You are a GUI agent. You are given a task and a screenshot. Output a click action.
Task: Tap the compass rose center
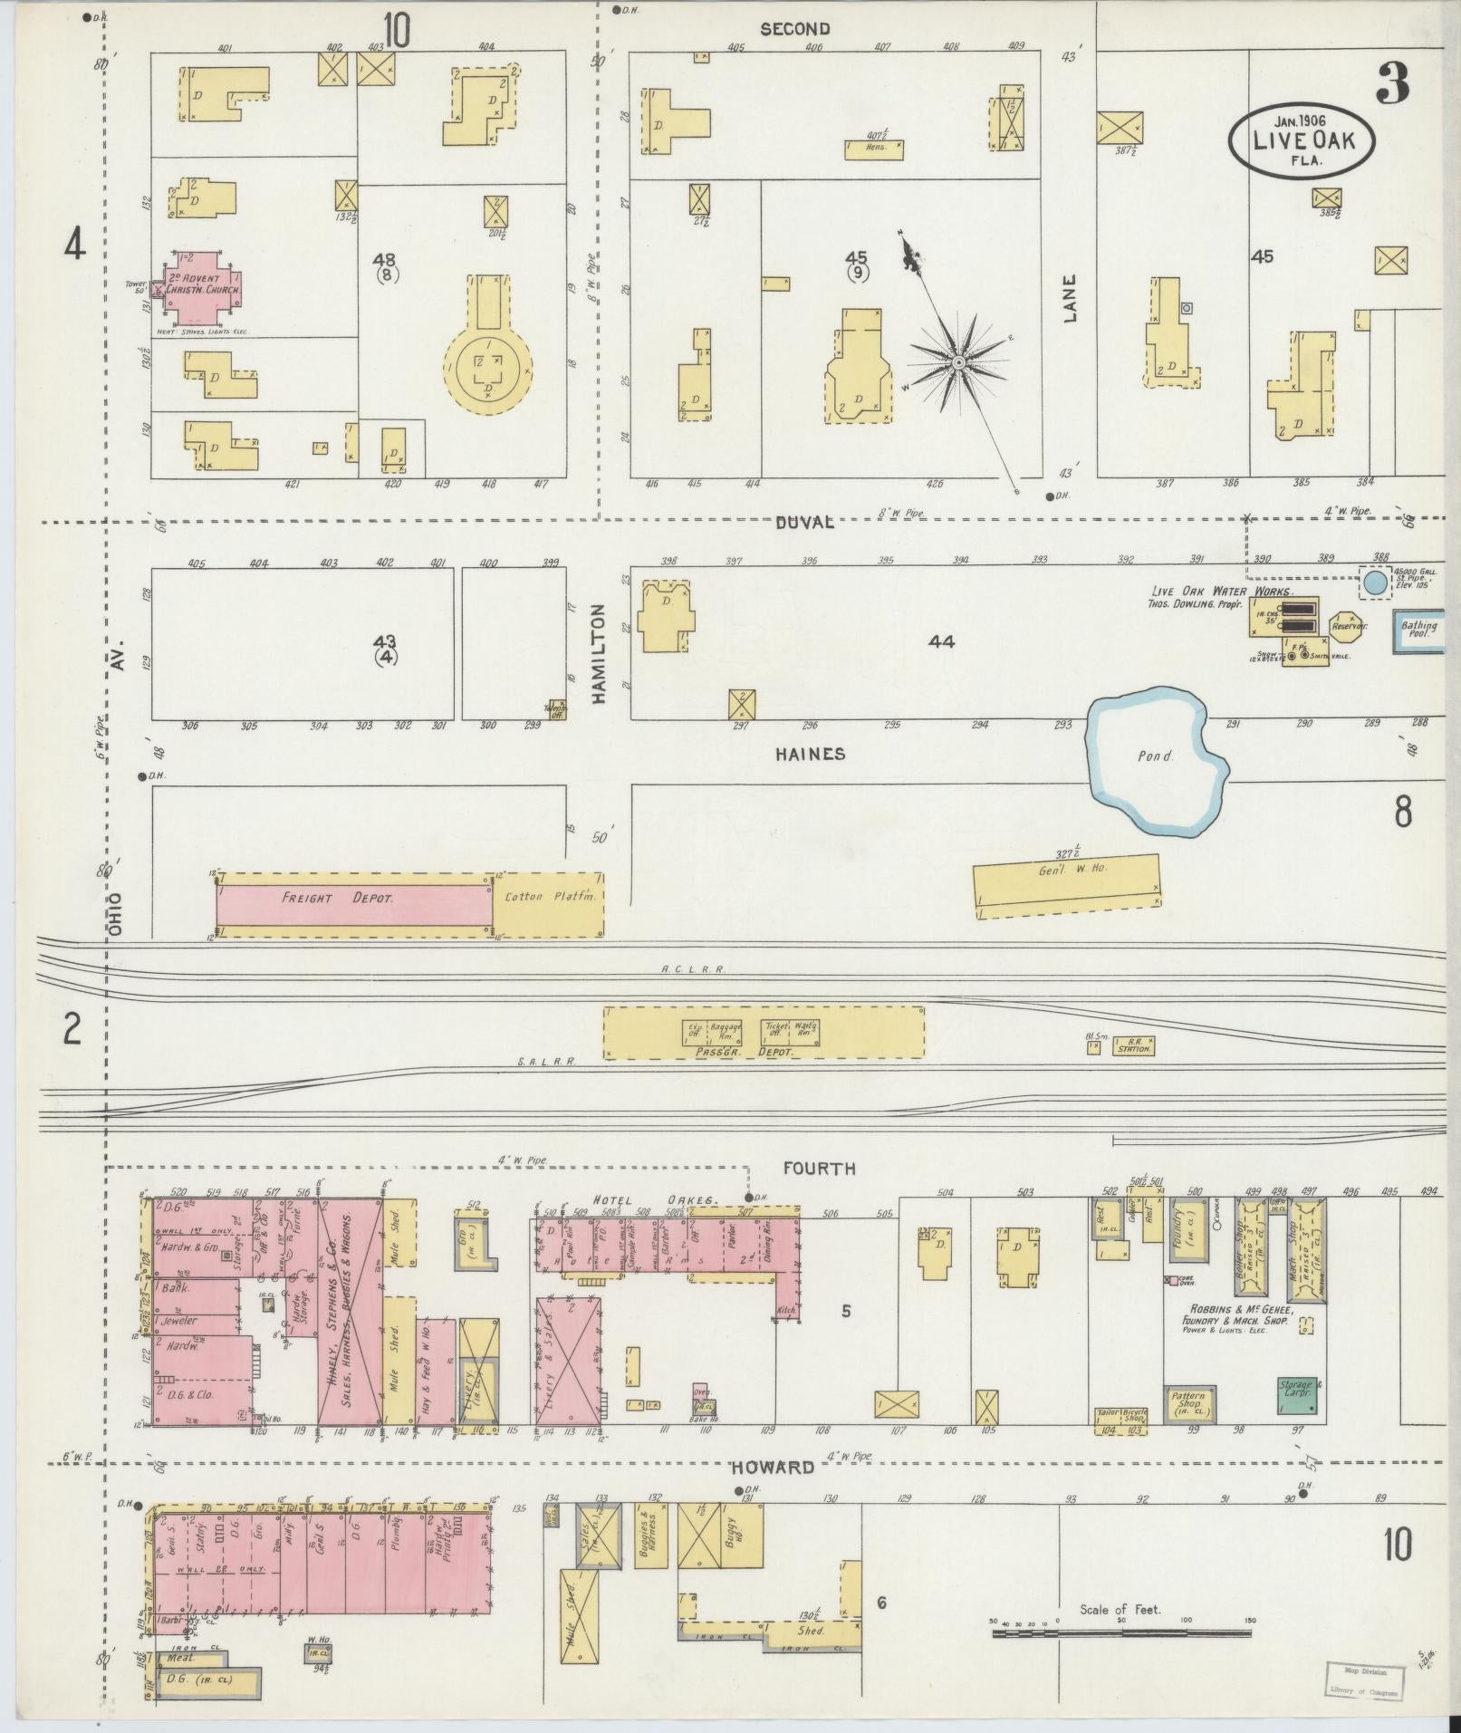pos(958,363)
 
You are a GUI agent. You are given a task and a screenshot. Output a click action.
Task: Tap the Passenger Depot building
pos(764,1032)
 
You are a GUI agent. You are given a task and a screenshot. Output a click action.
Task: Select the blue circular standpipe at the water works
pos(1375,582)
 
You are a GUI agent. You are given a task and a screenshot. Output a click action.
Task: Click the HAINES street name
pos(810,754)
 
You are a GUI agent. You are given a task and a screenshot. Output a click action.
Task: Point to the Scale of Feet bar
pos(1121,1633)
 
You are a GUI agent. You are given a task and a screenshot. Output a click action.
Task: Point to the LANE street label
pos(1071,300)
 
